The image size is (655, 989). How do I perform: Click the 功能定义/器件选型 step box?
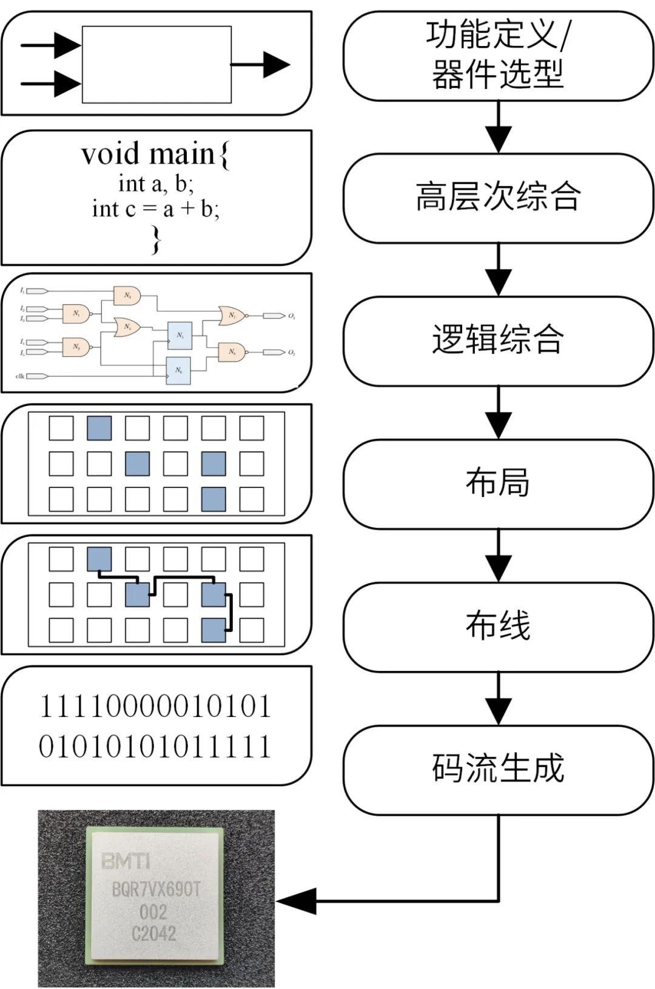click(498, 56)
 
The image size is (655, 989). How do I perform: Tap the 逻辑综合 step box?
click(498, 341)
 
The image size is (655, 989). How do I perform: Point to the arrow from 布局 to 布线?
click(498, 556)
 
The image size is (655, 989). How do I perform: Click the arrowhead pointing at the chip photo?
click(297, 901)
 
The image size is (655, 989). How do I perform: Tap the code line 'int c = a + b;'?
click(156, 209)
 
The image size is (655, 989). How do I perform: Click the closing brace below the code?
click(156, 240)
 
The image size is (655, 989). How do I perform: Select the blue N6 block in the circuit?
click(179, 370)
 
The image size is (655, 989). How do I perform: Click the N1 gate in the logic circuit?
click(76, 313)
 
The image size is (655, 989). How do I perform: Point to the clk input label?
click(20, 376)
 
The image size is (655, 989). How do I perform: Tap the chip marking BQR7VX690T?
click(156, 890)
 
